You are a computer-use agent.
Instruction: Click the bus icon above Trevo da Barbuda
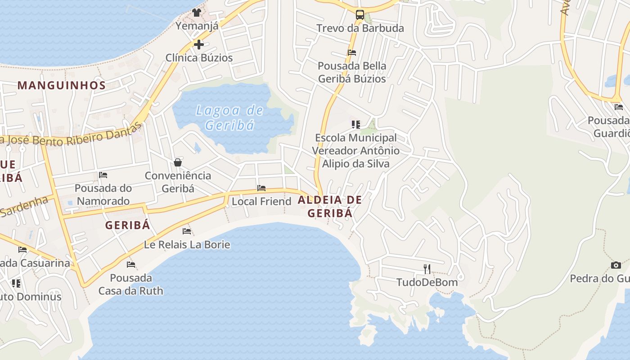(x=360, y=14)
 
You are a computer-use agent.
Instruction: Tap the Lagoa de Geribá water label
(x=230, y=117)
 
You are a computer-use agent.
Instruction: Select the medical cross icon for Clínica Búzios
(x=199, y=45)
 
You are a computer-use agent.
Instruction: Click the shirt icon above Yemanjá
(x=197, y=12)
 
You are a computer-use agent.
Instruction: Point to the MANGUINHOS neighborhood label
(x=62, y=85)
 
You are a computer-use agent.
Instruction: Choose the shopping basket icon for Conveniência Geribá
(x=178, y=162)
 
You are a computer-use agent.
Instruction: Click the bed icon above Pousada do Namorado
(x=103, y=175)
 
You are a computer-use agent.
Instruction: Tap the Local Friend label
(x=261, y=201)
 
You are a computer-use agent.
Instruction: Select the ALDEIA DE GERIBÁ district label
(x=330, y=207)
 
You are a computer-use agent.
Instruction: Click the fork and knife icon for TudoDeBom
(x=427, y=269)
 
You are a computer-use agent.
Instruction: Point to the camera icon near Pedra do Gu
(x=616, y=265)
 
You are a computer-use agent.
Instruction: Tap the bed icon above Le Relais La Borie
(x=187, y=231)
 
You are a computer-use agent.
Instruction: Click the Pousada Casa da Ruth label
(x=131, y=284)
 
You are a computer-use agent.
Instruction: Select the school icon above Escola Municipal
(x=356, y=124)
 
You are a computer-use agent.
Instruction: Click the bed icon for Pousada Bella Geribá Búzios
(x=352, y=53)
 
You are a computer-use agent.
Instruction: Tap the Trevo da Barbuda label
(x=360, y=28)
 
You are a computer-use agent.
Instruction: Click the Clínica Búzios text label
(x=199, y=58)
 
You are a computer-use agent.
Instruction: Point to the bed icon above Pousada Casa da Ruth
(x=131, y=264)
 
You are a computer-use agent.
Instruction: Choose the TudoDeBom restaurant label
(x=427, y=283)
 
